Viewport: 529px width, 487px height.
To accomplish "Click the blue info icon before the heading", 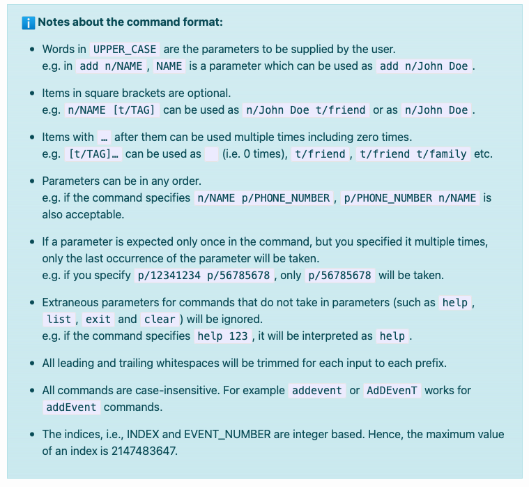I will (x=29, y=22).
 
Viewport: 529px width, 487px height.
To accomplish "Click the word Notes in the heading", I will (x=54, y=22).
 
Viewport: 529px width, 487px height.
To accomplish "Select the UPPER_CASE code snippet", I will (x=125, y=49).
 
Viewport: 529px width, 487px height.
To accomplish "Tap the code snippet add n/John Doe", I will (x=424, y=66).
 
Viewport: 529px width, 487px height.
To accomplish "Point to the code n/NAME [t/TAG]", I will (x=112, y=110).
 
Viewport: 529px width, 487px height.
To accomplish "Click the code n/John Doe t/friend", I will (x=305, y=110).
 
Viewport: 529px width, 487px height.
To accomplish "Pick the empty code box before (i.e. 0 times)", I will (x=211, y=153).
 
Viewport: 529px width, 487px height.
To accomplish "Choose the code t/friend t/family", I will (x=413, y=153).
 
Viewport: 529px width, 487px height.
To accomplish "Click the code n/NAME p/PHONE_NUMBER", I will (x=263, y=197).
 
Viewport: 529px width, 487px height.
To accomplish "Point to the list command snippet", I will (x=59, y=319).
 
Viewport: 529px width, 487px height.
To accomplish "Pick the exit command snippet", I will (x=98, y=319).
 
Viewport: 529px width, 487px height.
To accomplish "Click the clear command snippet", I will (x=160, y=319).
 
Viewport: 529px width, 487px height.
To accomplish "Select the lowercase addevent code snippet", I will (x=317, y=390).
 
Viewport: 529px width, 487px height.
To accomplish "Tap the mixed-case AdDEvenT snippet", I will (x=392, y=390).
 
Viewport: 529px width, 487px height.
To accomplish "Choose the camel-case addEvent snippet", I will (x=71, y=407).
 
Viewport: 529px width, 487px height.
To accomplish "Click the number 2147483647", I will (x=145, y=451).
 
